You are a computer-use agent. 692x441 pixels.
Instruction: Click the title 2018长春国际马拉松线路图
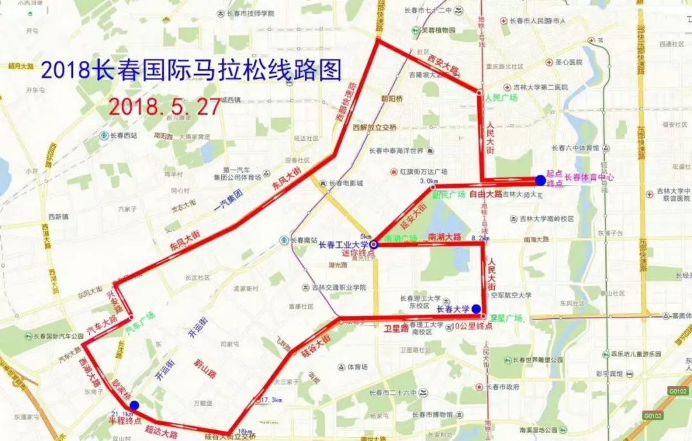coord(190,69)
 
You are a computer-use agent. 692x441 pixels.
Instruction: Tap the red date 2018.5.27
coord(165,106)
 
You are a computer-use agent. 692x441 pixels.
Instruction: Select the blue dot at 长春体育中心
coord(540,180)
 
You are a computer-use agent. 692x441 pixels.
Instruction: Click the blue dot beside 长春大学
coord(476,309)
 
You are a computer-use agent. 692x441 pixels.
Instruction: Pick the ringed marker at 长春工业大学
coord(374,244)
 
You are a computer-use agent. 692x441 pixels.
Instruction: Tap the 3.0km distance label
coord(428,182)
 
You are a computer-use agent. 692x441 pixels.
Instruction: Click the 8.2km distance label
coord(480,237)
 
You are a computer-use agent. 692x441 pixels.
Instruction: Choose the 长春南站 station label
coord(299,241)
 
